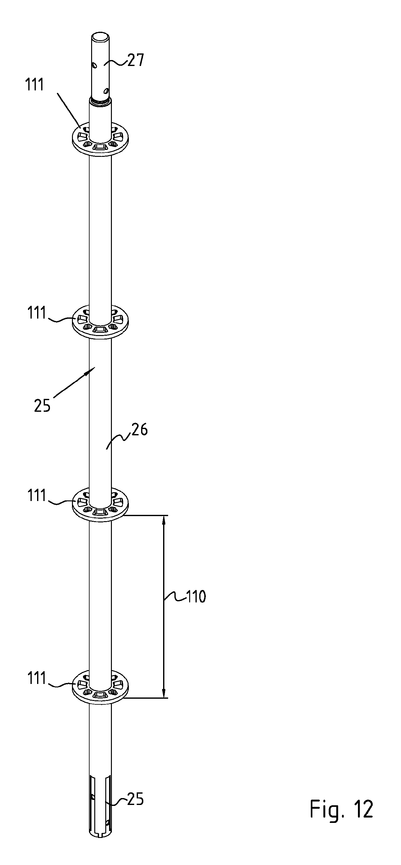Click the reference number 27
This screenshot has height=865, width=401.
[x=135, y=60]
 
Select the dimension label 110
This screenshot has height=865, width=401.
[x=196, y=597]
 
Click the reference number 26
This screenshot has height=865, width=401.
[x=140, y=430]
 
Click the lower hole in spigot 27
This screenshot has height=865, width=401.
[x=106, y=90]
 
